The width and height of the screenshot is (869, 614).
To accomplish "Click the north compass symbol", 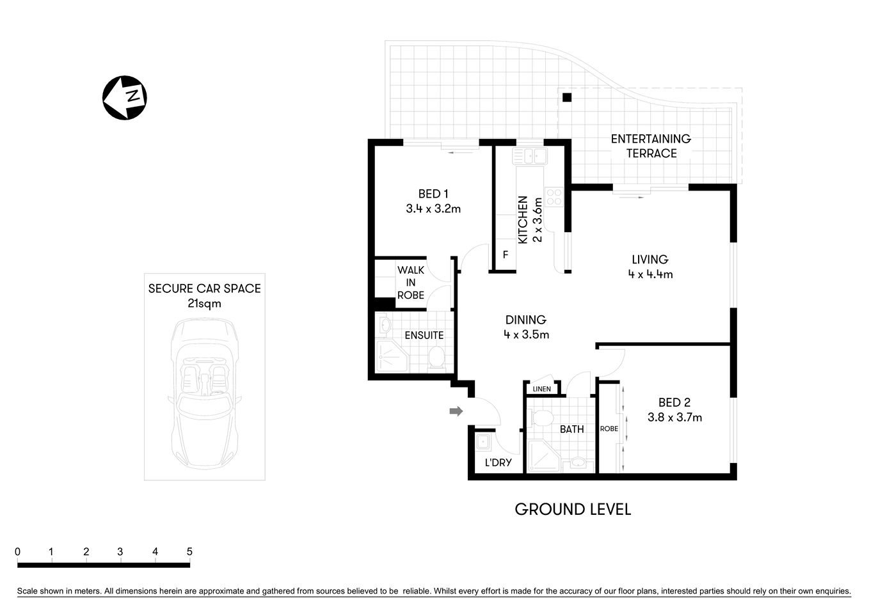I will [x=125, y=97].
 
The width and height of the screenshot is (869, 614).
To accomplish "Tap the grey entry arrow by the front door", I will [x=456, y=411].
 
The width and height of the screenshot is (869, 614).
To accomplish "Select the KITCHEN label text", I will [x=523, y=219].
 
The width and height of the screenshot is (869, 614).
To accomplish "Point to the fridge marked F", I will [x=505, y=255].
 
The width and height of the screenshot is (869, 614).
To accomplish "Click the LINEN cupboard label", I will [x=541, y=389].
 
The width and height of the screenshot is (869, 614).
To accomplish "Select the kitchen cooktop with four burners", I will [x=554, y=196].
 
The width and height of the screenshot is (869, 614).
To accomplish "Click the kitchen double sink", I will [x=529, y=155].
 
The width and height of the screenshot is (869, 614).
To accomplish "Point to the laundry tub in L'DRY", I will [x=482, y=441].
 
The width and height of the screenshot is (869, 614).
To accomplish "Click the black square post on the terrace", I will [x=566, y=97].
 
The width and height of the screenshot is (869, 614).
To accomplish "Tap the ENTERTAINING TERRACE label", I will [x=651, y=146].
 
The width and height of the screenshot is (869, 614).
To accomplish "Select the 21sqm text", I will [x=204, y=304].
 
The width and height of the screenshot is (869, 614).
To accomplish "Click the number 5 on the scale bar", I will [x=189, y=552].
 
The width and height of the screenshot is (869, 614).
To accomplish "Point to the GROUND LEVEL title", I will [x=573, y=510].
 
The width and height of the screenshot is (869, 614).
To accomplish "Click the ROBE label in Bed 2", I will [x=609, y=429].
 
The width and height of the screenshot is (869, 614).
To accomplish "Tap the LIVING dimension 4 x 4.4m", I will [x=650, y=274].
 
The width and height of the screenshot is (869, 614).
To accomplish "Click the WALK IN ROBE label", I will [x=411, y=283].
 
